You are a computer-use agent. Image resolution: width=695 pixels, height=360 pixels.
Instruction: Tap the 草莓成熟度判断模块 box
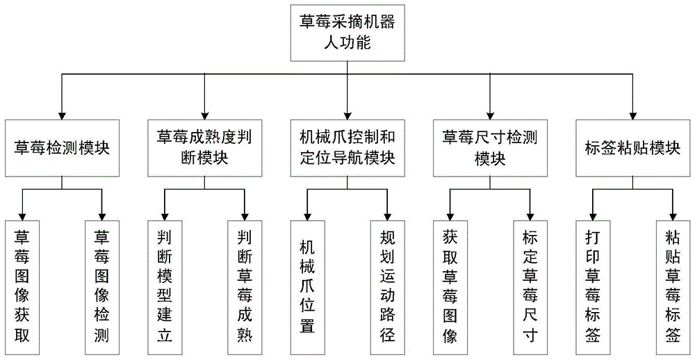[x=204, y=147]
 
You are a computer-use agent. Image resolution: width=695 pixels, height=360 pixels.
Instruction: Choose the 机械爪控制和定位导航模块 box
[x=347, y=147]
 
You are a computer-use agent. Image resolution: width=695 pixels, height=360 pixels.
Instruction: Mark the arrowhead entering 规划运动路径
[x=387, y=215]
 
